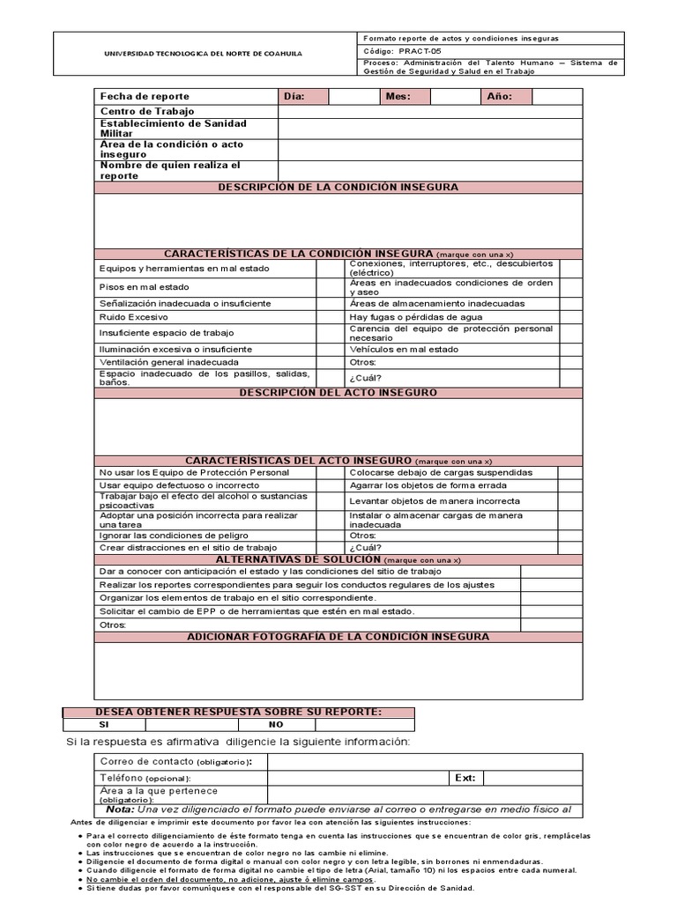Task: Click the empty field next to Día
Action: click(353, 96)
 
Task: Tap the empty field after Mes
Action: click(455, 96)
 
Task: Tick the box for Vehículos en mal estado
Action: click(570, 349)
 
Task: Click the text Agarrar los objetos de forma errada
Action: click(428, 485)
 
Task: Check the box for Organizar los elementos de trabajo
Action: click(551, 598)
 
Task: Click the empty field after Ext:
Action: click(532, 779)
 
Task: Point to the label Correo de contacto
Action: click(146, 761)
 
